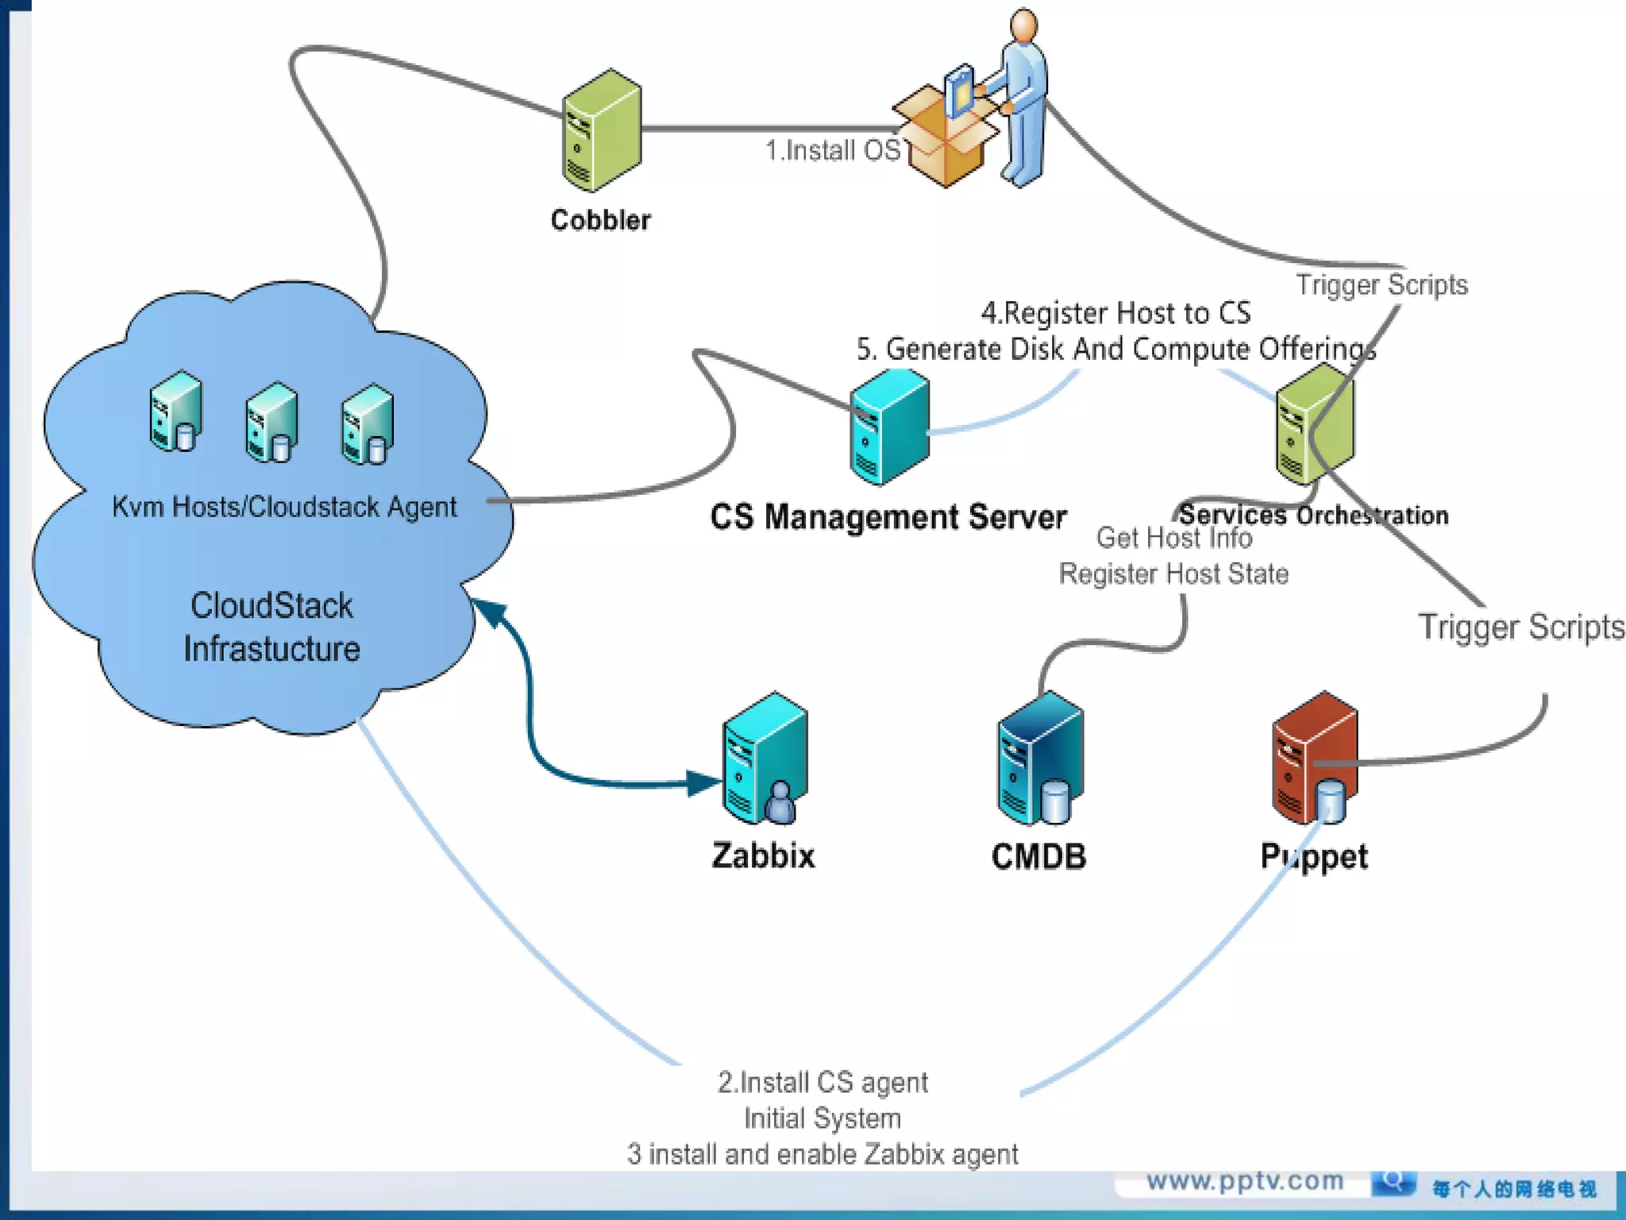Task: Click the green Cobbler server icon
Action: coord(601,131)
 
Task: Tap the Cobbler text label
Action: coord(600,220)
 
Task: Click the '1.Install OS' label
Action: coord(832,150)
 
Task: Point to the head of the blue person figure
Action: coord(1023,25)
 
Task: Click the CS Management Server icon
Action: coord(889,427)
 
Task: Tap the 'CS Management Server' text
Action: coord(888,517)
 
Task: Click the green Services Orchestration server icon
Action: coord(1314,423)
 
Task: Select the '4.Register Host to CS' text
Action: coord(1115,313)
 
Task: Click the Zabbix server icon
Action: coord(764,759)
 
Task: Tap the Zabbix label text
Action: coord(763,855)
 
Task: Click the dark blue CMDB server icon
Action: coord(1039,759)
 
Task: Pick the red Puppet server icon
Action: coord(1314,759)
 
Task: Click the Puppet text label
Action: coord(1314,857)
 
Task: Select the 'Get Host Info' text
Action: coord(1173,538)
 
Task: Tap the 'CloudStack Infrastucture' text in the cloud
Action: coord(272,627)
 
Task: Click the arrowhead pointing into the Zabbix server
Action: coord(703,783)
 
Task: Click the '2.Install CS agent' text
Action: coord(823,1083)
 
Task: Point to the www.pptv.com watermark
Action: coord(1244,1181)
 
